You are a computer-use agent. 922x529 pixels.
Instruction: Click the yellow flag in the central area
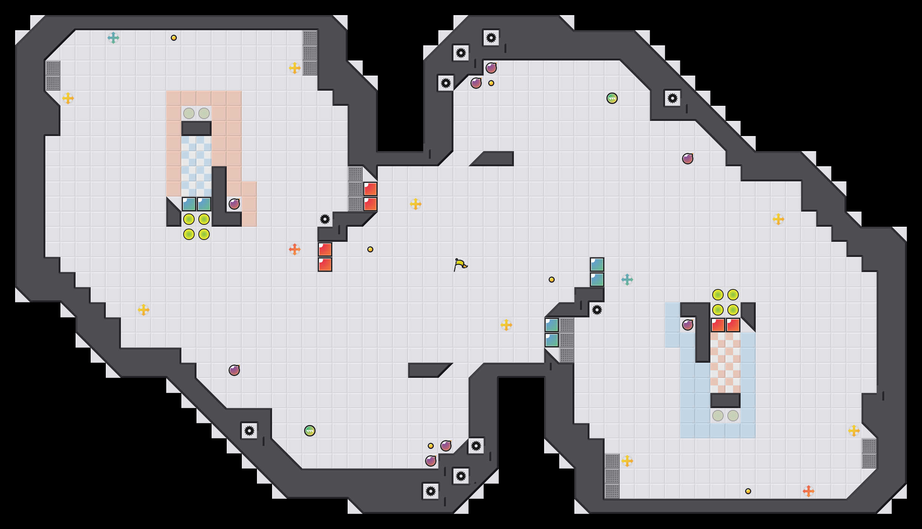(460, 264)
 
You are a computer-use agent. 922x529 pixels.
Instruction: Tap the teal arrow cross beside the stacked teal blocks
(627, 280)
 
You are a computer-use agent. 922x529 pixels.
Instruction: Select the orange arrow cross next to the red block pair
(295, 249)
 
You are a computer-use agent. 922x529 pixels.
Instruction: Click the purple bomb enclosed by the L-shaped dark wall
(234, 204)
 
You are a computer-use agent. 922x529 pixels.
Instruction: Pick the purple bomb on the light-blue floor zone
(688, 325)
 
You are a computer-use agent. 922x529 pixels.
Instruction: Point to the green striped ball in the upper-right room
(612, 98)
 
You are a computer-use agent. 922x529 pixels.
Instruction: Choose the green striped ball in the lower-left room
(310, 431)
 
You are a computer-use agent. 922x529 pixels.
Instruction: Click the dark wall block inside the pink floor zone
(196, 128)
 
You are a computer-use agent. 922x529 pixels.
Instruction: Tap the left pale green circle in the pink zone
(189, 113)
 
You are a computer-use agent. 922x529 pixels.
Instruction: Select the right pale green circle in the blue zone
(733, 416)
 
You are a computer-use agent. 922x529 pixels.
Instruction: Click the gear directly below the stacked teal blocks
(597, 310)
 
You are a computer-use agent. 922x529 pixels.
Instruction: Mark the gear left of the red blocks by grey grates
(325, 219)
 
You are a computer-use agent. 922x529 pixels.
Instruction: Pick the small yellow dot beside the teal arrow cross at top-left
(174, 38)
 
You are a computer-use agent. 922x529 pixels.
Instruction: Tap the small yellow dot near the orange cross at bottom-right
(748, 491)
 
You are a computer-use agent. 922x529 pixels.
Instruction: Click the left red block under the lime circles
(718, 325)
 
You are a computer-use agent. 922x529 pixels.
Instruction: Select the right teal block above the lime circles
(204, 204)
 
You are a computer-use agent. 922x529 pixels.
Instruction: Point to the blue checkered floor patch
(196, 166)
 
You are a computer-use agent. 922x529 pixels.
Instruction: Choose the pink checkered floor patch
(726, 363)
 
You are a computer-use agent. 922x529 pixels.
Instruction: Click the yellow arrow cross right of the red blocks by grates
(416, 204)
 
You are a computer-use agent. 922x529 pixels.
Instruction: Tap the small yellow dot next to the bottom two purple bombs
(431, 446)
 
